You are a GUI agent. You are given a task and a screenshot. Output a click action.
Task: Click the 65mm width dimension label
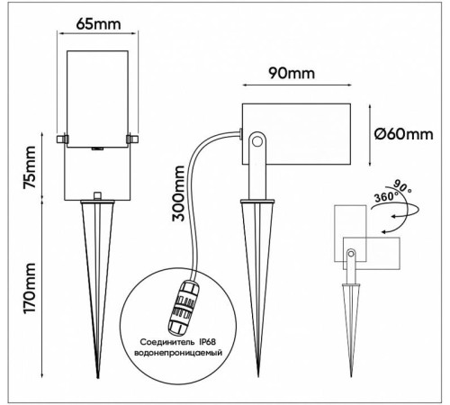click(98, 24)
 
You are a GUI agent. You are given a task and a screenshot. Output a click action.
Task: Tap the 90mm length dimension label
click(292, 73)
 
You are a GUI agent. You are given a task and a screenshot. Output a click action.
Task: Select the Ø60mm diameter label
click(404, 134)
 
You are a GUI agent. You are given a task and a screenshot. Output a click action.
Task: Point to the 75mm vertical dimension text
click(30, 166)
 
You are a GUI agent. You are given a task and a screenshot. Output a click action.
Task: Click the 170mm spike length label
click(30, 288)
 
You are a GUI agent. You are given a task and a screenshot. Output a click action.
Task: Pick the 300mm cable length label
click(178, 193)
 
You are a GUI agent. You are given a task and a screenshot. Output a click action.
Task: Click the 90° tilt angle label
click(402, 186)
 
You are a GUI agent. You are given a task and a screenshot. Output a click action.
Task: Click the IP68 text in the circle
click(207, 342)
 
